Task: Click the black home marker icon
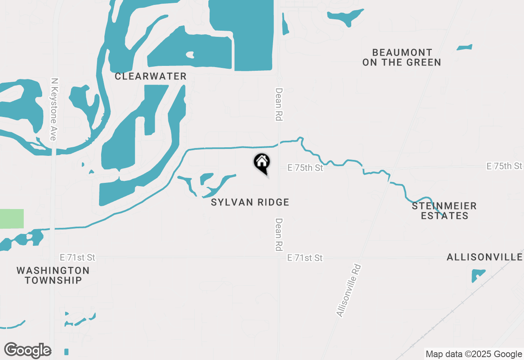(x=262, y=163)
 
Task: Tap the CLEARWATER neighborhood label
(x=151, y=76)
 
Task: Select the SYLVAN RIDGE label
(x=250, y=202)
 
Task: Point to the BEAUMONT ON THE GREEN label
(x=402, y=57)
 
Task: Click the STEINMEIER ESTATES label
(x=445, y=211)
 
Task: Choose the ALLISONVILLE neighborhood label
(x=485, y=257)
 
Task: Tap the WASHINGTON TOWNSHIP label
(x=53, y=275)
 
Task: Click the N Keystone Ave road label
(x=53, y=109)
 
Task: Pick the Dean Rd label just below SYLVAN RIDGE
(x=279, y=234)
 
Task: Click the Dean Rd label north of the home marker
(x=279, y=104)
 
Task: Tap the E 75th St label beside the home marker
(x=305, y=168)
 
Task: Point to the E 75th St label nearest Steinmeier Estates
(x=504, y=166)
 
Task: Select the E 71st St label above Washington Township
(x=77, y=257)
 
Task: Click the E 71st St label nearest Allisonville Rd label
(x=305, y=258)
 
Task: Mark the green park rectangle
(x=11, y=218)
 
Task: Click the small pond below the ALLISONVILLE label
(x=477, y=275)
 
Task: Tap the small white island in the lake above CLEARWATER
(x=190, y=54)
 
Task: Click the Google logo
(x=27, y=350)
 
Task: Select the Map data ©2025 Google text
(x=474, y=354)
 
